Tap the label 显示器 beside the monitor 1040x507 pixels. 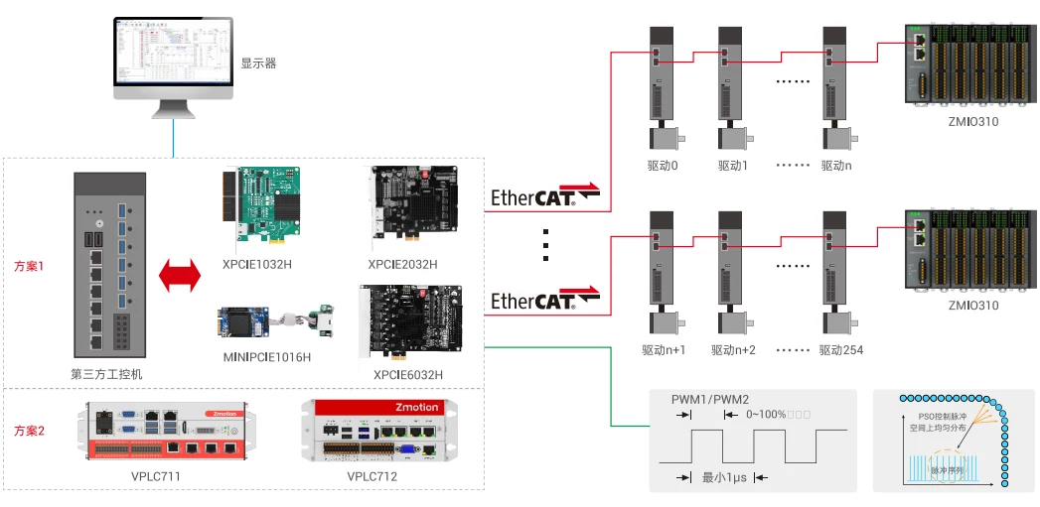click(x=258, y=63)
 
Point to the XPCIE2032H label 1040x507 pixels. click(x=402, y=264)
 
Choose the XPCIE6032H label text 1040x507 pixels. click(x=408, y=374)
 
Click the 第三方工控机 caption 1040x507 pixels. click(x=109, y=374)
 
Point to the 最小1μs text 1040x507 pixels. click(x=724, y=477)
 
